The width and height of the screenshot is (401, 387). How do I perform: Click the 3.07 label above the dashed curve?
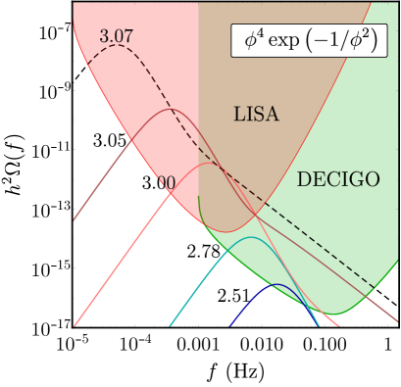(x=117, y=36)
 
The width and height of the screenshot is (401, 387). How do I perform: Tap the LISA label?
(x=256, y=115)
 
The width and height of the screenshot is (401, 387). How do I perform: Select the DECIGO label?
(x=338, y=179)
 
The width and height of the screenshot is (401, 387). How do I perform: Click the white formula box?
(x=309, y=40)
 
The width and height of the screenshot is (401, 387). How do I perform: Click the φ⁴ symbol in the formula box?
(x=255, y=40)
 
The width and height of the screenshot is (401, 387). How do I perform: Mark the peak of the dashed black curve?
(x=118, y=45)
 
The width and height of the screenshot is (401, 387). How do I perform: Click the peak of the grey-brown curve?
(x=173, y=110)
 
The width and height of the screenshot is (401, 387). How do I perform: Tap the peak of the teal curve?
(x=252, y=237)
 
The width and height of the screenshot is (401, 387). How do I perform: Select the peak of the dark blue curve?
(x=278, y=284)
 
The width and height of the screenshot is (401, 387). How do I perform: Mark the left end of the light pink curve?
(x=75, y=323)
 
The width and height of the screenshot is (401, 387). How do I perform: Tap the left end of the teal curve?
(x=170, y=324)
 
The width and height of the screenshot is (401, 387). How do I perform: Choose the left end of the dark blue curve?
(x=230, y=324)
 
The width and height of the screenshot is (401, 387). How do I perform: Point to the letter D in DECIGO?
(x=303, y=179)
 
